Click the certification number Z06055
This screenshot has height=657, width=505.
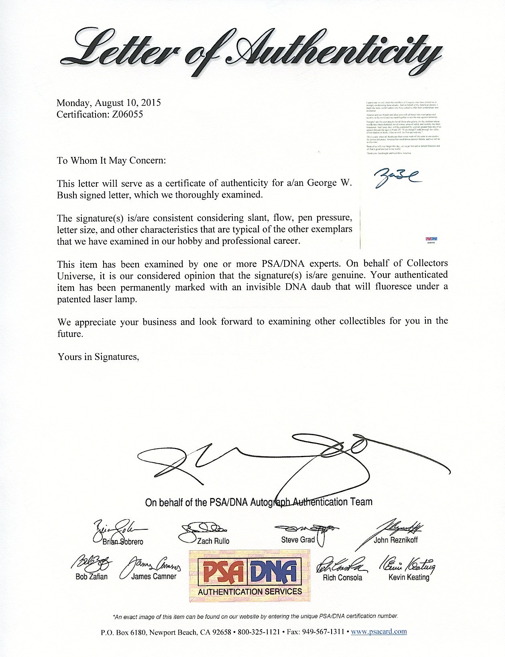127,114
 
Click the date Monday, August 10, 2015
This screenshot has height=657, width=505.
108,103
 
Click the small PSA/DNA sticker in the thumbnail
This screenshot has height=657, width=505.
431,240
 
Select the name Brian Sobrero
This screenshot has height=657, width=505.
122,542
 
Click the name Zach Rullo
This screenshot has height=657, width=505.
213,541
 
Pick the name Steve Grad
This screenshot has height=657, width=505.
297,540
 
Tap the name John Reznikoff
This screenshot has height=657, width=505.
395,540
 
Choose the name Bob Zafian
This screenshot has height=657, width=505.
92,577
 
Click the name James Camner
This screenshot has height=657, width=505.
154,577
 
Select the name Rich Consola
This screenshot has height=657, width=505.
342,578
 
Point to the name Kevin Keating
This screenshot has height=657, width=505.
409,577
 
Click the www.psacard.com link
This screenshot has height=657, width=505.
379,632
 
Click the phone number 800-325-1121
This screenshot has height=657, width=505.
259,632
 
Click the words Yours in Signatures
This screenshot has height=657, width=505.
98,357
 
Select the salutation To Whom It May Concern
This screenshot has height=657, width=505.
111,161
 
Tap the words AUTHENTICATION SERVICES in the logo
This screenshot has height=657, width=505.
250,592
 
